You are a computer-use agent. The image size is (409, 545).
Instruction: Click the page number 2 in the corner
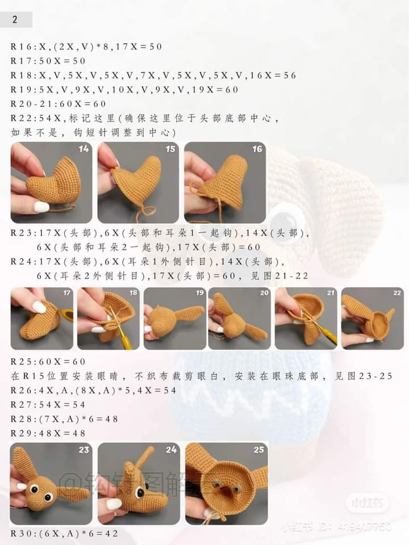point(15,19)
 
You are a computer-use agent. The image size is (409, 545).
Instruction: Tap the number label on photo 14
point(84,149)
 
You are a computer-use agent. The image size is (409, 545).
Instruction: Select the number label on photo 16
point(257,149)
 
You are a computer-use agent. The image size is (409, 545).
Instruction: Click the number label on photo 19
point(199,293)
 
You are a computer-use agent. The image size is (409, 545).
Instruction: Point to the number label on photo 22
point(397,293)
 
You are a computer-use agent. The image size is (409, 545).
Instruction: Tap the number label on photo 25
point(259,450)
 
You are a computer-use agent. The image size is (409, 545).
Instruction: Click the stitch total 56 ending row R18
point(290,76)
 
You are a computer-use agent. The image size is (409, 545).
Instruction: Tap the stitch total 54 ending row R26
point(170,391)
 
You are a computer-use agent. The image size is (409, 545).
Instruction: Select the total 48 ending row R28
point(111,419)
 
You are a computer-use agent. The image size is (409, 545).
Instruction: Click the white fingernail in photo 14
point(41,207)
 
